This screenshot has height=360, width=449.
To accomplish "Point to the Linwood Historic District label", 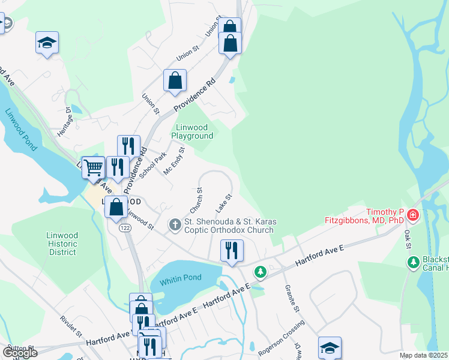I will (62, 244).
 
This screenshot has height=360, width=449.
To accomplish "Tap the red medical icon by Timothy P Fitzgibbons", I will (412, 215).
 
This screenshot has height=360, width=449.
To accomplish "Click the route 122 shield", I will (125, 228).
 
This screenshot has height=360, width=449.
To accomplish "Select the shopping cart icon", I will (93, 167).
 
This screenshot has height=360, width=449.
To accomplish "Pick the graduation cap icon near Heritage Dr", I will (47, 43).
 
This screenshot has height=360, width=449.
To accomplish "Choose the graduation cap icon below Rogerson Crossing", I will (330, 348).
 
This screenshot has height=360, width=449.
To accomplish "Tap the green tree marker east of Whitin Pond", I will (260, 272).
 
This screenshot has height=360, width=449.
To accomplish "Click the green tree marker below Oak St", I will (413, 262).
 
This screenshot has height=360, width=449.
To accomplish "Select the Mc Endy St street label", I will (174, 161).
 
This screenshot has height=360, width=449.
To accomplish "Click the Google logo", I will (20, 353).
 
